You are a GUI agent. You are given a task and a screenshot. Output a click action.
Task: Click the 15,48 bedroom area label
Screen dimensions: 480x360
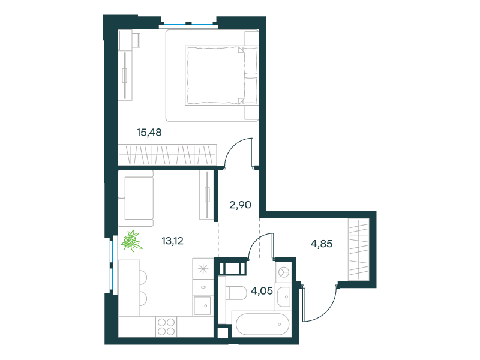149,133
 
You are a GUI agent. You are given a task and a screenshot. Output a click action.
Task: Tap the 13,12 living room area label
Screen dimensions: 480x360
173,241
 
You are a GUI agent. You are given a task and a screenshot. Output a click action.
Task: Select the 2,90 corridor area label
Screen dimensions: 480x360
241,205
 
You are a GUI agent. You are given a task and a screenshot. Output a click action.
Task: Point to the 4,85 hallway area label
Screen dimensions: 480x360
322,244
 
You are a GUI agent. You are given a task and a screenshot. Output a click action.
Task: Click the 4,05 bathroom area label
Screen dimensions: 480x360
262,291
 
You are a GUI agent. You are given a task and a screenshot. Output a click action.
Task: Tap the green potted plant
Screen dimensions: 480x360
131,241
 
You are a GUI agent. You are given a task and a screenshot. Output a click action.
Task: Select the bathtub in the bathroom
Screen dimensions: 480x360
262,324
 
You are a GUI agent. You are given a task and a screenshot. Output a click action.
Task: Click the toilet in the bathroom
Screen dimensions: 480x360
236,294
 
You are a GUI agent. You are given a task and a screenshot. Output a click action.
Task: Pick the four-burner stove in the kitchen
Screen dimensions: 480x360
166,326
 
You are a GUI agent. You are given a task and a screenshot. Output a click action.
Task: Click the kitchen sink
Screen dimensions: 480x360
202,305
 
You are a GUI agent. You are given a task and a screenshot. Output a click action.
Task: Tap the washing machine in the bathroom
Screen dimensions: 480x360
283,272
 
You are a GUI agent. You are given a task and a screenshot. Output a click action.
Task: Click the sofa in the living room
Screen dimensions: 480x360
136,198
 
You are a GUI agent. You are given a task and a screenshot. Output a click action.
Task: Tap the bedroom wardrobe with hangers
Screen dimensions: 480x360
167,155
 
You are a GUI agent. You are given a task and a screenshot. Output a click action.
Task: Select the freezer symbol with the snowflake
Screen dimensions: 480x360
203,269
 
